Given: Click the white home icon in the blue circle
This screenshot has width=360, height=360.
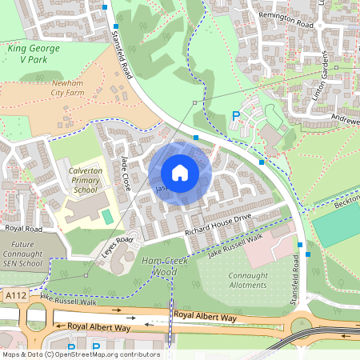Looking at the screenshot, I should click(180, 173).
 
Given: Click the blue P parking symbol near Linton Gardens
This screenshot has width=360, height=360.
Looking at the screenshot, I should click(235, 116).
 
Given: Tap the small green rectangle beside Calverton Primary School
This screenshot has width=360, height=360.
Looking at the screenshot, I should click(107, 217).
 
